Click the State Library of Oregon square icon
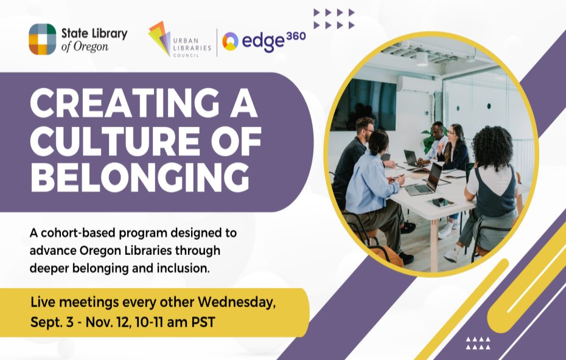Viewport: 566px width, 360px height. [x=42, y=40]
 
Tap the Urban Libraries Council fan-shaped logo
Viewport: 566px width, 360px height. [x=159, y=38]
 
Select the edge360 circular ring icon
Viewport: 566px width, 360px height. [x=230, y=41]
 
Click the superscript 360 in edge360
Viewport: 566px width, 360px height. [x=296, y=36]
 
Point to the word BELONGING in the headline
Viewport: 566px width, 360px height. [x=140, y=178]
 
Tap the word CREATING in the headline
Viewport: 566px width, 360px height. [x=125, y=103]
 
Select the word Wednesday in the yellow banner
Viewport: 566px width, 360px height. [x=236, y=302]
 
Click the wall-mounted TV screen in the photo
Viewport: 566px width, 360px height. [x=364, y=104]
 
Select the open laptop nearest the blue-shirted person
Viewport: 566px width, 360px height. [x=425, y=181]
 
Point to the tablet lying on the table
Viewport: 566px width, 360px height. [x=441, y=203]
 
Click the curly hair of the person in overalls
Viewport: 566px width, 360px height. [x=492, y=147]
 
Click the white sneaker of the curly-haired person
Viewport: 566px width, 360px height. [x=453, y=254]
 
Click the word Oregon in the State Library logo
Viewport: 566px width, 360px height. [x=91, y=47]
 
